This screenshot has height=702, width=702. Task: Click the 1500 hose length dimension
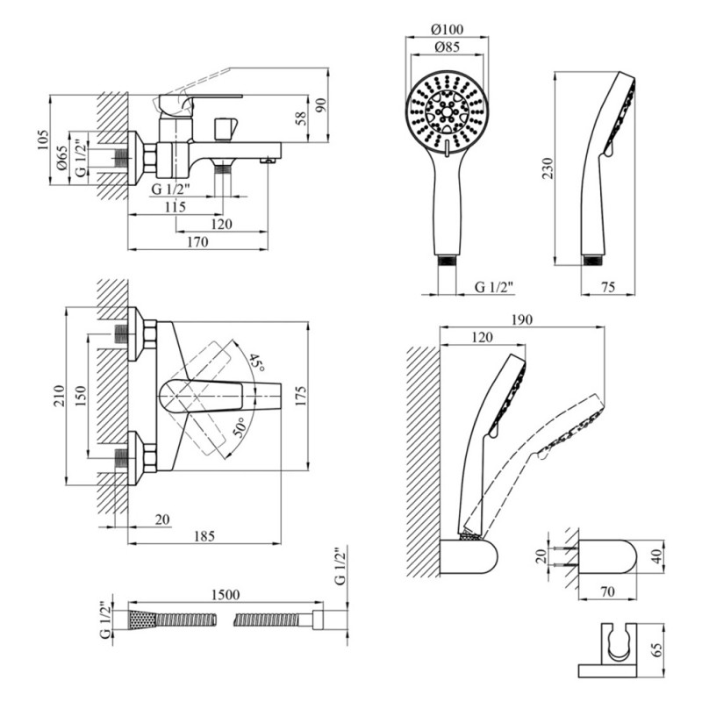pyautogui.click(x=226, y=594)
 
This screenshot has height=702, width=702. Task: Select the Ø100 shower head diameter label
pyautogui.click(x=448, y=30)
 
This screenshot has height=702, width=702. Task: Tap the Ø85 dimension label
pyautogui.click(x=448, y=48)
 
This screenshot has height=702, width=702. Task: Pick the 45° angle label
pyautogui.click(x=255, y=362)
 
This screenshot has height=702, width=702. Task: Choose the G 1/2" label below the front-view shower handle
pyautogui.click(x=493, y=286)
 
